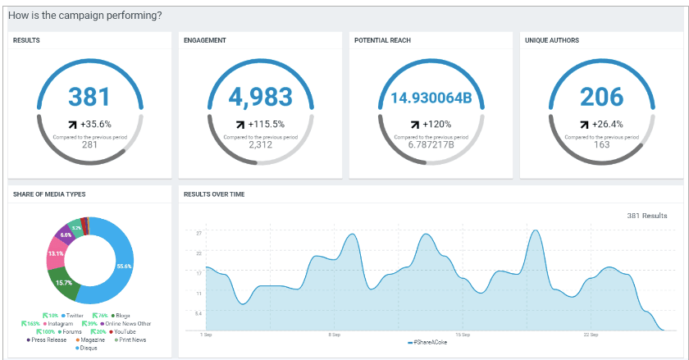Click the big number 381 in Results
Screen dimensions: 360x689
(x=89, y=97)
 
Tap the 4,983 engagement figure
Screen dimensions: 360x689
(x=260, y=97)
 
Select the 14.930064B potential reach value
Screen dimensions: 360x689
(x=431, y=98)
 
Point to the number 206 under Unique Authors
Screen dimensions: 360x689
(x=601, y=97)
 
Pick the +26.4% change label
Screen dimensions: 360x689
(x=608, y=125)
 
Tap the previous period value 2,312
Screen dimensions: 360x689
(x=260, y=144)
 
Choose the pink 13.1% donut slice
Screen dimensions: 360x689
(x=56, y=254)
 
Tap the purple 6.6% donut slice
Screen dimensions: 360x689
(x=66, y=235)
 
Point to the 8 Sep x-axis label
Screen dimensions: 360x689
(x=334, y=335)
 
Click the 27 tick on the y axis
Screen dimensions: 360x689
(x=198, y=233)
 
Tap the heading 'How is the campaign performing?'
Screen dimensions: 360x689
(x=87, y=16)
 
